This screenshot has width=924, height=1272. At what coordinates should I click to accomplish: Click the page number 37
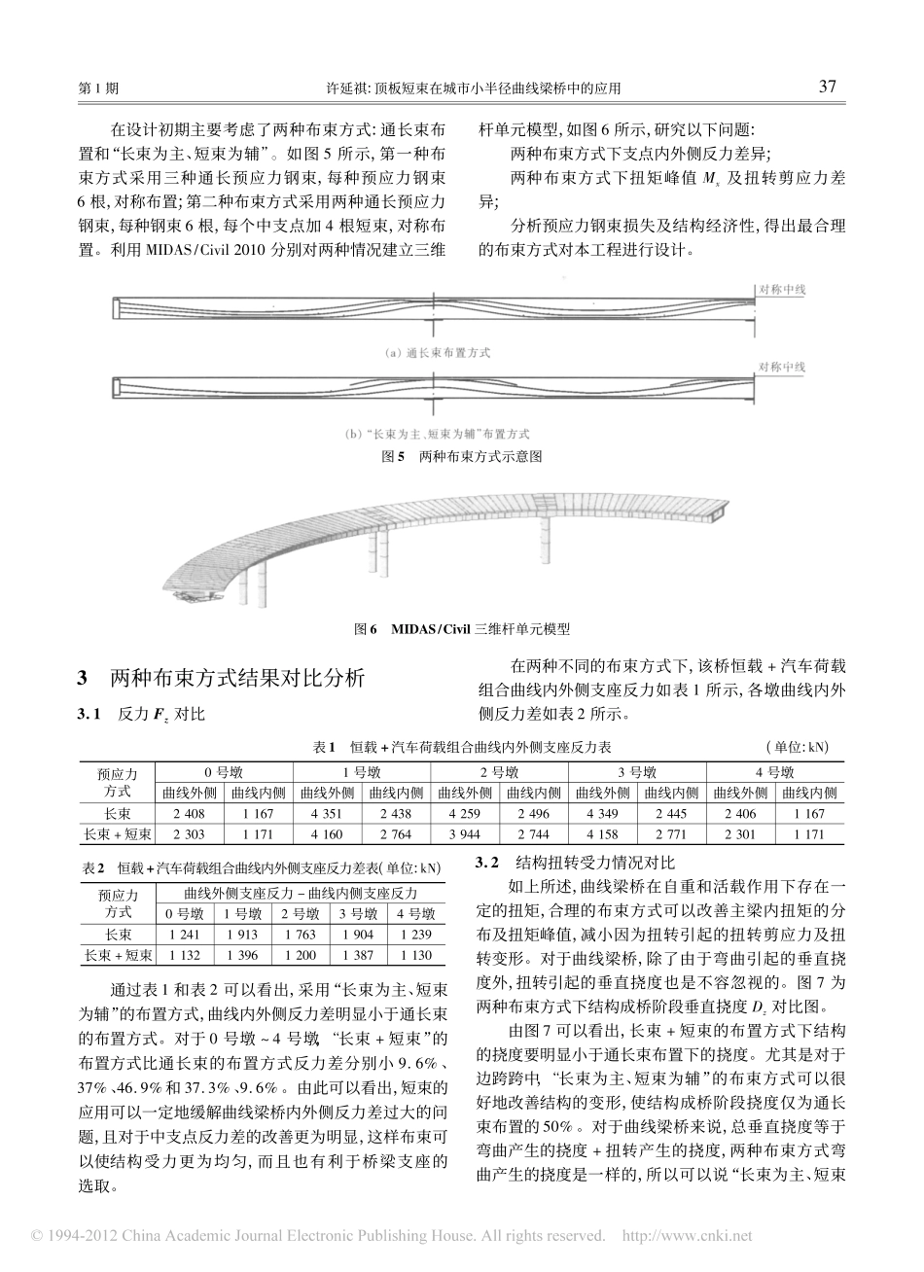[x=828, y=86]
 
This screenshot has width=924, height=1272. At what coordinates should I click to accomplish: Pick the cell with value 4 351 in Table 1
[x=326, y=813]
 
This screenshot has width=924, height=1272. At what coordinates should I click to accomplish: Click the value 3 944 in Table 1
[x=463, y=833]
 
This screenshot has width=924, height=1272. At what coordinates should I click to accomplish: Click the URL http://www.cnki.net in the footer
[x=687, y=1237]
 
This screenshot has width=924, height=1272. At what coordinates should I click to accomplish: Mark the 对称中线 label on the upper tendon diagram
[x=782, y=289]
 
